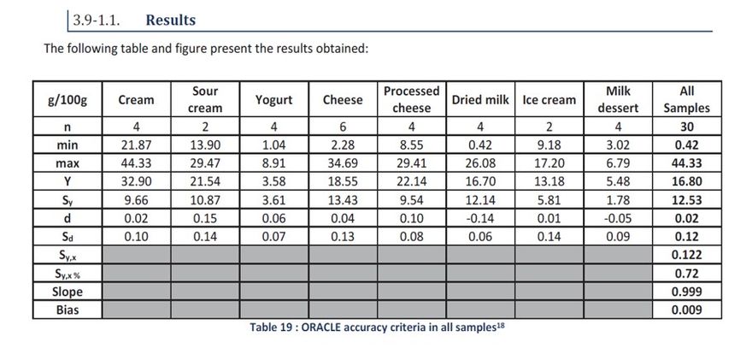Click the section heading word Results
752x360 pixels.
[170, 20]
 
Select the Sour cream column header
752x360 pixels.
[205, 99]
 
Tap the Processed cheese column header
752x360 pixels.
[411, 99]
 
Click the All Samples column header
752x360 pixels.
[686, 99]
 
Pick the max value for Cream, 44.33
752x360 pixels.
[136, 162]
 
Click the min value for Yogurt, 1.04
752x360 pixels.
[273, 145]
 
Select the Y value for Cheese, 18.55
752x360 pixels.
[342, 181]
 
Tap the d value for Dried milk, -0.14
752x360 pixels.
[479, 218]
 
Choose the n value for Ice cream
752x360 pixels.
[549, 127]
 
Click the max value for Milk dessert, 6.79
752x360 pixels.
[617, 162]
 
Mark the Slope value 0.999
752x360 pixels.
[686, 292]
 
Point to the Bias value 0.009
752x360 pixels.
[686, 310]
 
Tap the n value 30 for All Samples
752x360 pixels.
[686, 127]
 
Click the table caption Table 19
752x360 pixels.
[376, 328]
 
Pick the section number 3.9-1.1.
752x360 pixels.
[97, 20]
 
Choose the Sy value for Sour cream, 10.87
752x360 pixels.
[205, 200]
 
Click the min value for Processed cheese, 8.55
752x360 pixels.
[411, 145]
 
